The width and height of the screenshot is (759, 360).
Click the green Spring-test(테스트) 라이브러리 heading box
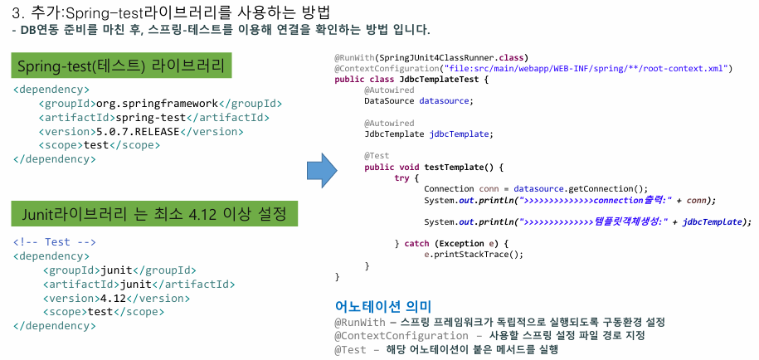[120, 66]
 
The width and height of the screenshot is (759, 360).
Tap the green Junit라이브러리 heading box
[154, 215]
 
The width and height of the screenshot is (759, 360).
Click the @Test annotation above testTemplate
[376, 155]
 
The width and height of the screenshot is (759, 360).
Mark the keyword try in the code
[401, 178]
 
